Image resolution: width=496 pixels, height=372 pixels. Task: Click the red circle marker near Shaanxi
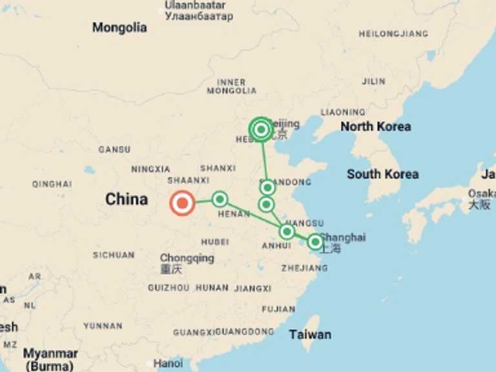coord(182,203)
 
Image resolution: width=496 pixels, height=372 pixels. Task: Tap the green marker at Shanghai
coord(315,242)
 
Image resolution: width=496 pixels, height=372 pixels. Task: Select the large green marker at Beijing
coord(261,130)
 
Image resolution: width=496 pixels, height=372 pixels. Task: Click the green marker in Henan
coord(220,199)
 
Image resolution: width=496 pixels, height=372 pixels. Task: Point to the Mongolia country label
coord(119,28)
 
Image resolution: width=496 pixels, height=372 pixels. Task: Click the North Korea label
coord(375,127)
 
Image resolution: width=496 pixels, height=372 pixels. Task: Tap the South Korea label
coord(382,174)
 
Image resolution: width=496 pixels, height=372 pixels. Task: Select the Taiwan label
coord(310,335)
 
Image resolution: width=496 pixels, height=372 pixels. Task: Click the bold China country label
coord(127,200)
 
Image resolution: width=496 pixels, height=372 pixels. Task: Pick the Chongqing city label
coord(187,258)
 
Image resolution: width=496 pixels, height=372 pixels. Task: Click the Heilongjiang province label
coord(393,34)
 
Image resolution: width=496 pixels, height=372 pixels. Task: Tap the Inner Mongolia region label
coord(231,87)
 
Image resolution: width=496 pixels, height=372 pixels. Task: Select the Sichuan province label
coord(114,255)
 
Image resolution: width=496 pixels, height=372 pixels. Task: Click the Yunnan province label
coord(103,326)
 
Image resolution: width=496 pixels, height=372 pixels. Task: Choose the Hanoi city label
coord(168,364)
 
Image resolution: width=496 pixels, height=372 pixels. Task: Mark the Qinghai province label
coord(52,184)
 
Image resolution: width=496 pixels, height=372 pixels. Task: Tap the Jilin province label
coord(374,81)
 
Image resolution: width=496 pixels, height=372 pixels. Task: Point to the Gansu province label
coord(114,150)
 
